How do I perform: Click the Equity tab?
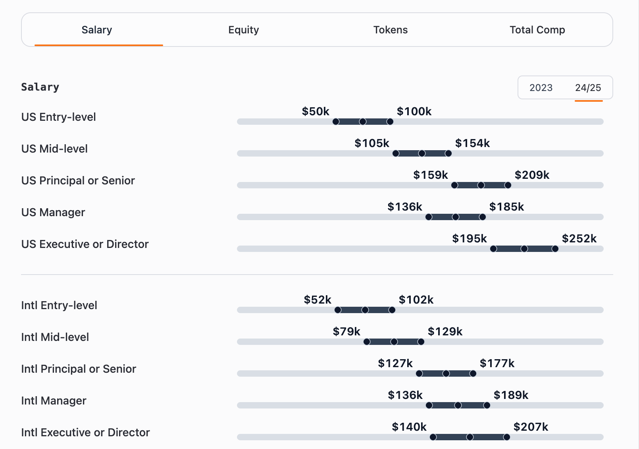[x=243, y=30]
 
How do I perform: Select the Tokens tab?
[x=390, y=30]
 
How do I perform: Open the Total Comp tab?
[x=537, y=30]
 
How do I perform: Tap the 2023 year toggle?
[x=541, y=87]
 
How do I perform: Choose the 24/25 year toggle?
[x=588, y=87]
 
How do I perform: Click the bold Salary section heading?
[x=40, y=87]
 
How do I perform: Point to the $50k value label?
[x=316, y=111]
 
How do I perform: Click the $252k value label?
[x=579, y=238]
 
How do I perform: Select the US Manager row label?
[x=53, y=212]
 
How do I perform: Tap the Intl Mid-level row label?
[x=55, y=337]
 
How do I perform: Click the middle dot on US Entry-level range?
[x=363, y=122]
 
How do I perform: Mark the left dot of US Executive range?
[x=493, y=249]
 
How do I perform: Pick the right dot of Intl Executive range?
[x=506, y=437]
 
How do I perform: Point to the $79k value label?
[x=346, y=331]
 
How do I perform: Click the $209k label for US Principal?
[x=532, y=175]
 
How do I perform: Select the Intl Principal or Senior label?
[x=79, y=369]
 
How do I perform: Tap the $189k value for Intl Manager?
[x=511, y=395]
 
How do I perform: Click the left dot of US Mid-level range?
[x=396, y=153]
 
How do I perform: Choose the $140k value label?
[x=409, y=427]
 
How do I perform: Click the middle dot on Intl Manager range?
[x=458, y=405]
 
